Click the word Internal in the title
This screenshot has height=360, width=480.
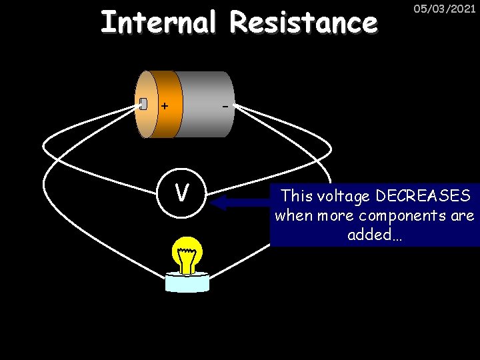click(x=159, y=22)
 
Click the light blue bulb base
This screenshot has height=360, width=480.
click(x=187, y=281)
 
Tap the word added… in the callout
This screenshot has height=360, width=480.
click(x=375, y=235)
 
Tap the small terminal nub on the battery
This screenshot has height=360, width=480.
click(x=143, y=103)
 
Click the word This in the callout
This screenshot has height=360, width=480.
click(x=297, y=196)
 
